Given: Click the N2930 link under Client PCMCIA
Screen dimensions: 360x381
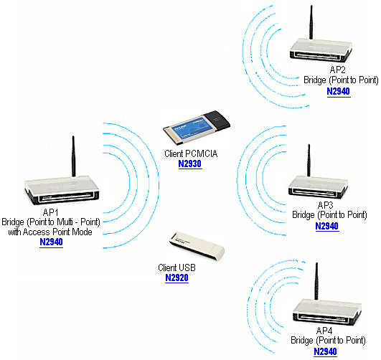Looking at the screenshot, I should point(189,164).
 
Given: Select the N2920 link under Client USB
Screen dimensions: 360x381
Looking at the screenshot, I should point(177,278).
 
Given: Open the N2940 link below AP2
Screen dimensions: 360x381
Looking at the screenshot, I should point(337,92).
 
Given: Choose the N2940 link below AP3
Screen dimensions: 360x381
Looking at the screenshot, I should point(326,226).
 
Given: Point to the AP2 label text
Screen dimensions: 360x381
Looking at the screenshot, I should point(337,70).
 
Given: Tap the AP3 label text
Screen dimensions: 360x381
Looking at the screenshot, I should point(326,204).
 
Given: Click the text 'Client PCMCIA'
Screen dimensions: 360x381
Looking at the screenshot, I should point(189,153).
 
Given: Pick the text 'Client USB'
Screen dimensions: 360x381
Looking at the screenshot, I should point(177,267).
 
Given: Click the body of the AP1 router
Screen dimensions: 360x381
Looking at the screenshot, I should point(61,193).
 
